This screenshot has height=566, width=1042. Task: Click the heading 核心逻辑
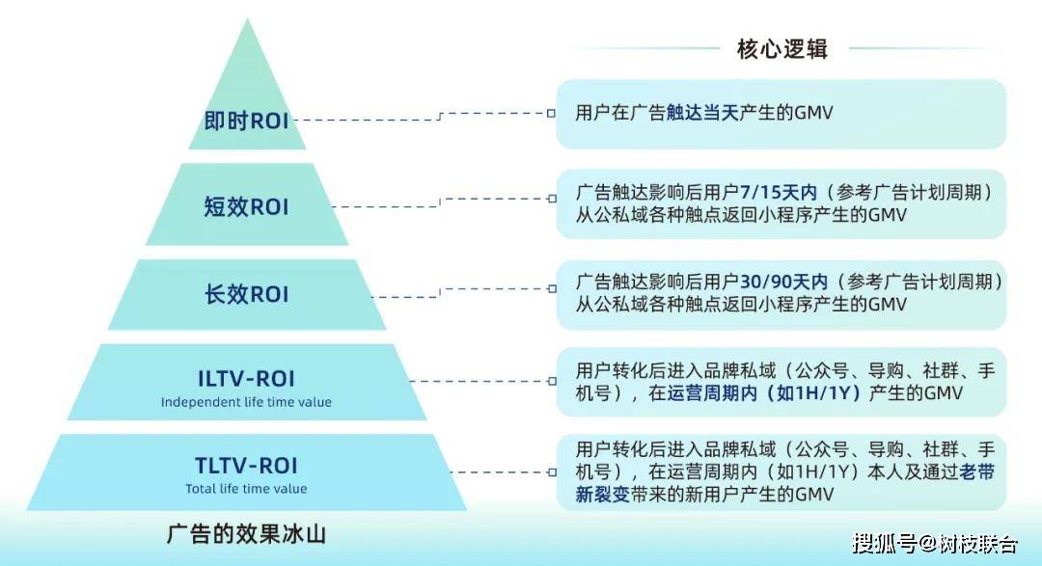tap(782, 48)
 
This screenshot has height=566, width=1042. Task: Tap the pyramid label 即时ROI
tap(247, 121)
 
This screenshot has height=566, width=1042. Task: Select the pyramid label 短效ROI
tap(247, 206)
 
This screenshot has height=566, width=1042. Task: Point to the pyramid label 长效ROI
tap(247, 294)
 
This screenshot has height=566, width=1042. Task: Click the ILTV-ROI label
tap(247, 379)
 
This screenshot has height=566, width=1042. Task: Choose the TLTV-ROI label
tap(247, 466)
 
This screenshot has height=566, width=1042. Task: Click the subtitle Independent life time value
tap(246, 402)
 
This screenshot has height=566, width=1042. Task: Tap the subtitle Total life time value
tap(246, 489)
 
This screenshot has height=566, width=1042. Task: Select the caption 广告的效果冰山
tap(246, 534)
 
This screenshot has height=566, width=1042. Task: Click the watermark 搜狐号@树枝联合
tap(935, 544)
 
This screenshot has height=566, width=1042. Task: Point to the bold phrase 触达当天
tap(702, 113)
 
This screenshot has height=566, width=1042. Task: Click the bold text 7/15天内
tap(779, 193)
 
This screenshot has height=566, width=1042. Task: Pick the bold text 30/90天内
tap(784, 282)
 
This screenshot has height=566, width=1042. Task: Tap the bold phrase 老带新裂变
tap(784, 483)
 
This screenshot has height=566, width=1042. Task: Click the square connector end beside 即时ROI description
tap(552, 113)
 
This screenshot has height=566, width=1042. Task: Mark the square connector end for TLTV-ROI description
tap(552, 472)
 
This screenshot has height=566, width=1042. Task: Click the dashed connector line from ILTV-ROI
tap(479, 381)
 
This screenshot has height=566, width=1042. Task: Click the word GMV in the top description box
tap(813, 113)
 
